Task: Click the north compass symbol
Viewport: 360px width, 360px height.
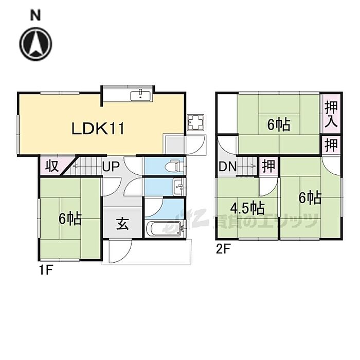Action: (x=36, y=43)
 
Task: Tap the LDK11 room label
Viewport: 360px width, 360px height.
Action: (x=98, y=128)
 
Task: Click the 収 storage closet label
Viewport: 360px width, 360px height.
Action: (x=51, y=167)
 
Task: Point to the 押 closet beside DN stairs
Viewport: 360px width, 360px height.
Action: (x=268, y=166)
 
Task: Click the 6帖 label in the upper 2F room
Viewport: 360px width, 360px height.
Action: (x=278, y=124)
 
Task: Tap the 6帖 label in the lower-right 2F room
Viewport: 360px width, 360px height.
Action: (x=311, y=197)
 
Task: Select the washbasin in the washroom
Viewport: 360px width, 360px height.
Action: (x=177, y=186)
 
